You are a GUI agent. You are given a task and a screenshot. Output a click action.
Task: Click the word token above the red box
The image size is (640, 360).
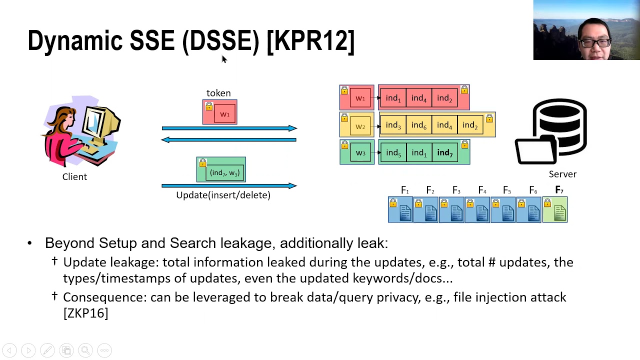click(218, 93)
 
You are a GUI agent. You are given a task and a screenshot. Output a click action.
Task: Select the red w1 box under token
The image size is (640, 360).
click(220, 112)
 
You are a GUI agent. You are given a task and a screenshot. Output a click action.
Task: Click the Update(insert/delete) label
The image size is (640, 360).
click(223, 195)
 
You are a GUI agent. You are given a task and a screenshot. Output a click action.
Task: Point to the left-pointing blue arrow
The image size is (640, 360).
click(229, 140)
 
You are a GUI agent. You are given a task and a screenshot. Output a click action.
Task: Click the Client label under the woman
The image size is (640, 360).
click(74, 176)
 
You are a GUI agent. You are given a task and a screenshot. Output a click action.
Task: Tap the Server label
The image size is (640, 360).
click(562, 174)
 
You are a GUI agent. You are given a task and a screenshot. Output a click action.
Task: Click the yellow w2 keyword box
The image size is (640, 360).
click(356, 125)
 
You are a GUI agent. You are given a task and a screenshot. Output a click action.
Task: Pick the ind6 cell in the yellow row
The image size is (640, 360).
click(418, 125)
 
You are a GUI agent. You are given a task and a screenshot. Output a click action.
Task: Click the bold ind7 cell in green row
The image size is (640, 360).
click(444, 152)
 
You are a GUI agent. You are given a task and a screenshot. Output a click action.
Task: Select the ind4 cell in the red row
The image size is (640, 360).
click(418, 98)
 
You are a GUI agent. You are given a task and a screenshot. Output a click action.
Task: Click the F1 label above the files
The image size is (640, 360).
click(404, 190)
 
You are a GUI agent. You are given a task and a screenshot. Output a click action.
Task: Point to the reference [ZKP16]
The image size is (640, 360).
click(85, 313)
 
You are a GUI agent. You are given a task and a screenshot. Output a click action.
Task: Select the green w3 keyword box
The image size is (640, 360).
click(356, 152)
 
